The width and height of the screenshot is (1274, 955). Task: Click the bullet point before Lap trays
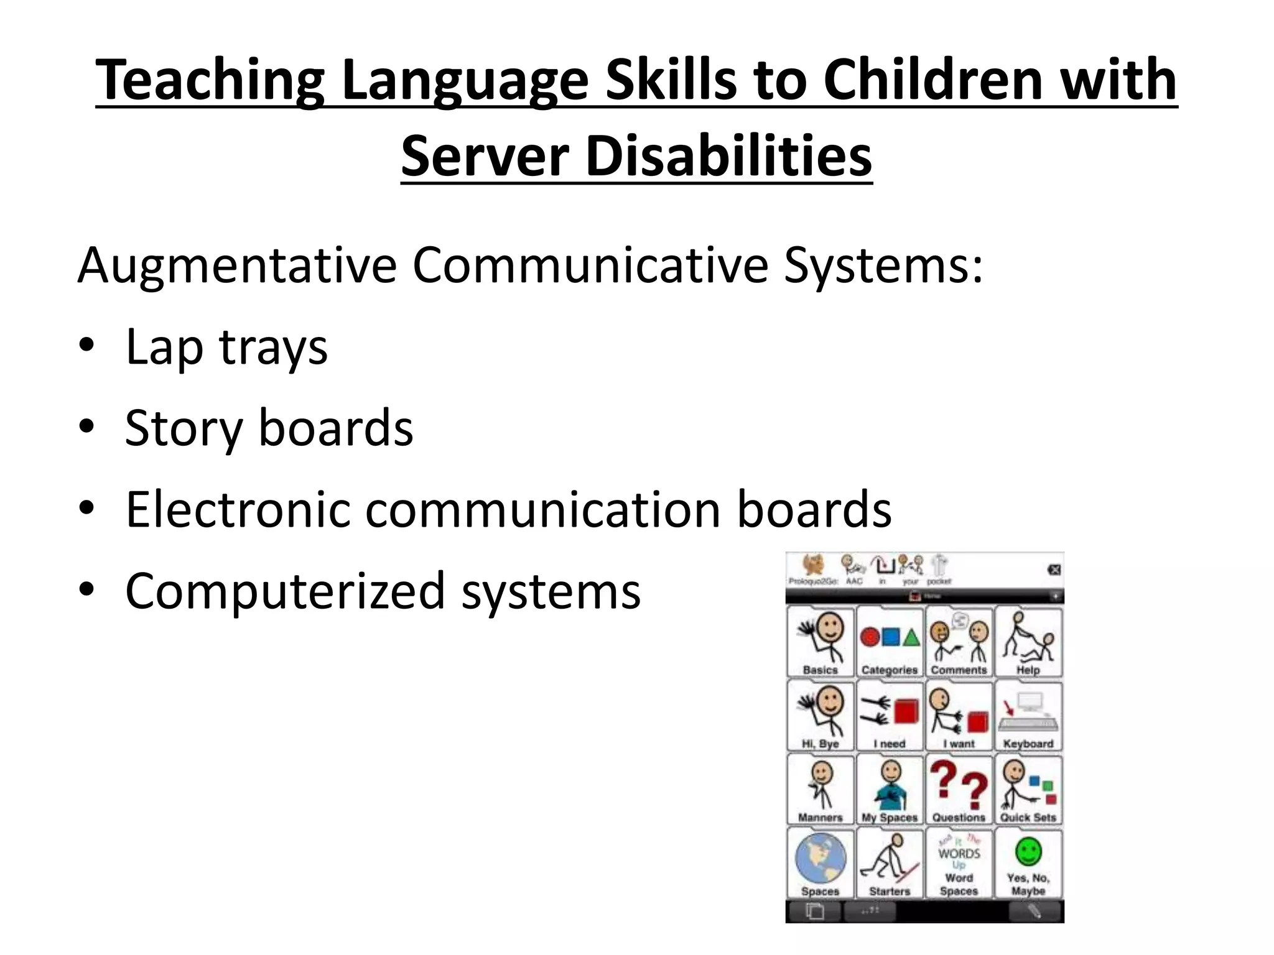point(86,345)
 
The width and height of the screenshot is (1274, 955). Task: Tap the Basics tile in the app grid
point(820,642)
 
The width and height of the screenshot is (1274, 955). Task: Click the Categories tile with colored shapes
point(890,642)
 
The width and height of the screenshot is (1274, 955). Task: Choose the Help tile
point(1028,642)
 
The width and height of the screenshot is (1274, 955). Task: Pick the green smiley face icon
point(1028,851)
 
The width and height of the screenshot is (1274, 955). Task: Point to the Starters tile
point(890,863)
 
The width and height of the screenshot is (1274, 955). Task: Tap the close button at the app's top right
point(1054,570)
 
